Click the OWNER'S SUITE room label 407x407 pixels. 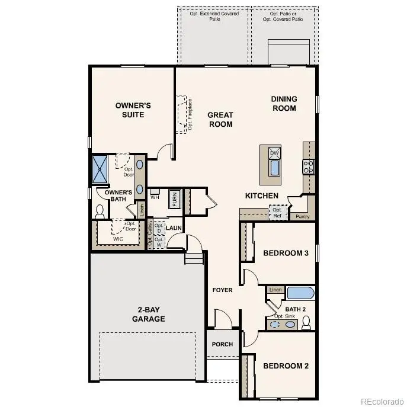(133, 110)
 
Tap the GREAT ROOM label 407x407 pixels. (220, 120)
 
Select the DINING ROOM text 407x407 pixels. (284, 104)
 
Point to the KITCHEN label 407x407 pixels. (262, 196)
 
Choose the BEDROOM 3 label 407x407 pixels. (286, 253)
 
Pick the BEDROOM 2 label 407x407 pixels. (286, 366)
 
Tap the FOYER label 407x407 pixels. (223, 290)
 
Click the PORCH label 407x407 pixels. (222, 344)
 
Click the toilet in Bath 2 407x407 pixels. (306, 322)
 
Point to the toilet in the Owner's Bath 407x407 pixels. (100, 211)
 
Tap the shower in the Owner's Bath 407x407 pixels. (99, 168)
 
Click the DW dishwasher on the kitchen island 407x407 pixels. (274, 153)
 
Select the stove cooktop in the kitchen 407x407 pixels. (308, 166)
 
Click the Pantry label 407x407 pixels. (302, 217)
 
